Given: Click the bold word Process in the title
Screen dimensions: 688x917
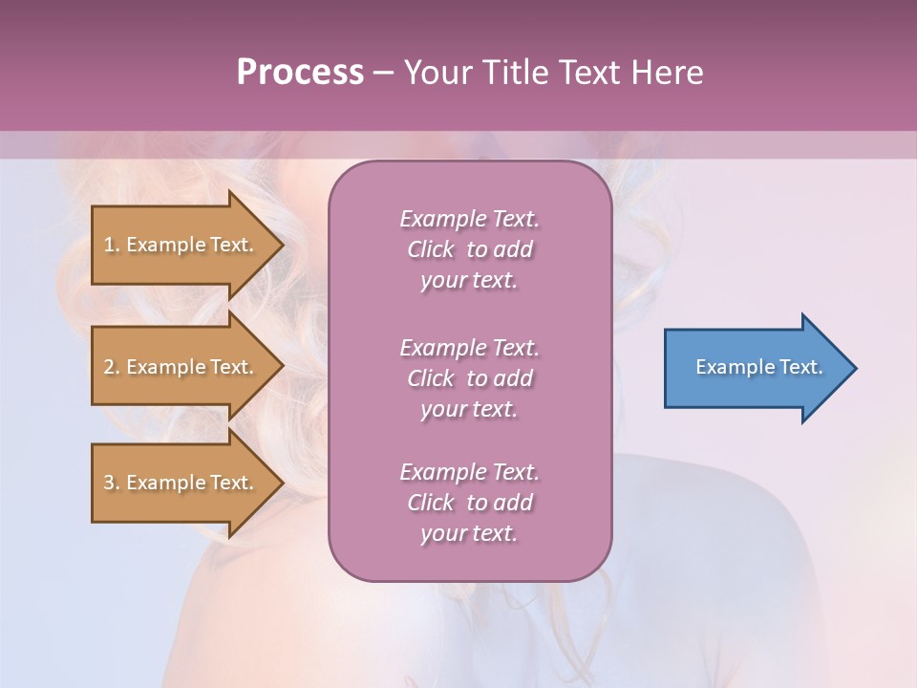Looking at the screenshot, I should click(300, 73).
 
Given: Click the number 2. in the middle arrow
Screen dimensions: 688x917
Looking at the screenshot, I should click(112, 367).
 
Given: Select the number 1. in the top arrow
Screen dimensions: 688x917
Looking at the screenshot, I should click(112, 245).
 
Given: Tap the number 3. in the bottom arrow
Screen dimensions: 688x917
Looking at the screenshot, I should click(112, 483).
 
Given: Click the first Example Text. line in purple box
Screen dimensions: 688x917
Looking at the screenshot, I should click(469, 219).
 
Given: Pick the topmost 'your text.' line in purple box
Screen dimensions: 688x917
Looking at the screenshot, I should click(469, 281).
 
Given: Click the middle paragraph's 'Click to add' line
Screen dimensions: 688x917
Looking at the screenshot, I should click(469, 378).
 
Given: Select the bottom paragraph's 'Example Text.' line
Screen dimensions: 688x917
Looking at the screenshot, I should click(469, 472).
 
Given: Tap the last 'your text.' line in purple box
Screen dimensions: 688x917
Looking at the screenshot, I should click(469, 534).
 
